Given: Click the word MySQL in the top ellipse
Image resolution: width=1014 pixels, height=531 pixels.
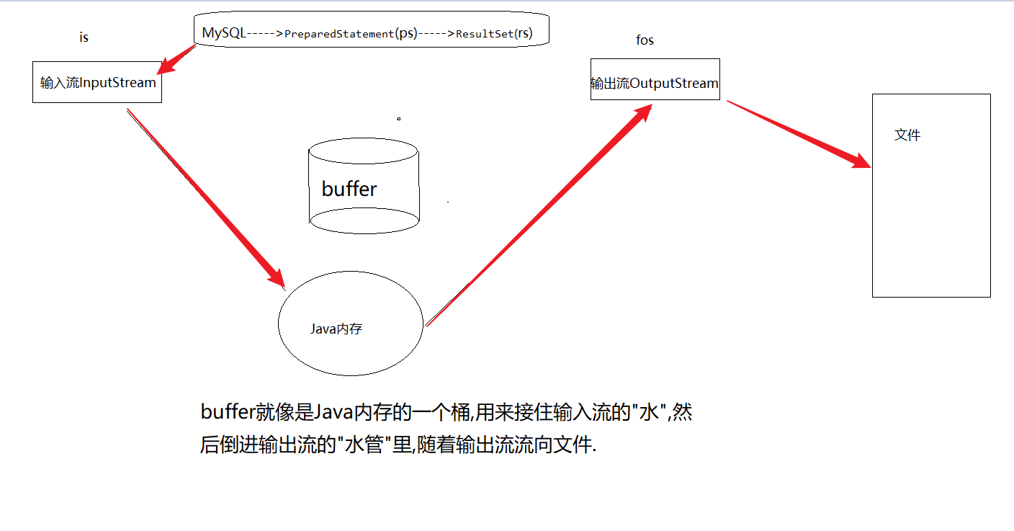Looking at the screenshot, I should tap(223, 33).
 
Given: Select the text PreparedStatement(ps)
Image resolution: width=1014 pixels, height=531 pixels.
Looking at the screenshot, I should tap(351, 34).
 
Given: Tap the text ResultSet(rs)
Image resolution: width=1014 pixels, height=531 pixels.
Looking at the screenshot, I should tap(494, 33).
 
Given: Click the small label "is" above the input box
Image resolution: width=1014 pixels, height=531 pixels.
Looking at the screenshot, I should tap(84, 37).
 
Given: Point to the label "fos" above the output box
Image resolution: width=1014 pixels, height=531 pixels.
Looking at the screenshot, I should tap(645, 40).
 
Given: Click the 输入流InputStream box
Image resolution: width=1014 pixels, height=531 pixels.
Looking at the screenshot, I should tap(97, 82).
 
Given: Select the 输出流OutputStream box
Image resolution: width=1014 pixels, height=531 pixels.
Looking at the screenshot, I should tap(655, 83).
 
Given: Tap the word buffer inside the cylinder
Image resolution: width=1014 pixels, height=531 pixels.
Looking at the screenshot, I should tap(349, 189).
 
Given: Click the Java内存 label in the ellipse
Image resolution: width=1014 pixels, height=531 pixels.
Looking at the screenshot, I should tap(336, 329).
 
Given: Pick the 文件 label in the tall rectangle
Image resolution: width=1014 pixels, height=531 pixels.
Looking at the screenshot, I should tap(907, 135).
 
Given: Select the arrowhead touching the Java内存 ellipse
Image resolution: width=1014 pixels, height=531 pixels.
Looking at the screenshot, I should tap(277, 278).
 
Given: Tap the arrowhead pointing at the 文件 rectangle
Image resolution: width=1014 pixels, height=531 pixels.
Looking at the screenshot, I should tap(861, 160).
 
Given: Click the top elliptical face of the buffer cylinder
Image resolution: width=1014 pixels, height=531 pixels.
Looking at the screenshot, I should tap(363, 152).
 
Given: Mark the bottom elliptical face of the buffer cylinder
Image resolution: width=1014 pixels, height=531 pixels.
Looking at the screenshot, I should tap(364, 220).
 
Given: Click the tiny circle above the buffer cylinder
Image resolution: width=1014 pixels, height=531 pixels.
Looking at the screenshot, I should tap(398, 118).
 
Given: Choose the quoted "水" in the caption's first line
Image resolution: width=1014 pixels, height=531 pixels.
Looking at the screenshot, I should tap(651, 413).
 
